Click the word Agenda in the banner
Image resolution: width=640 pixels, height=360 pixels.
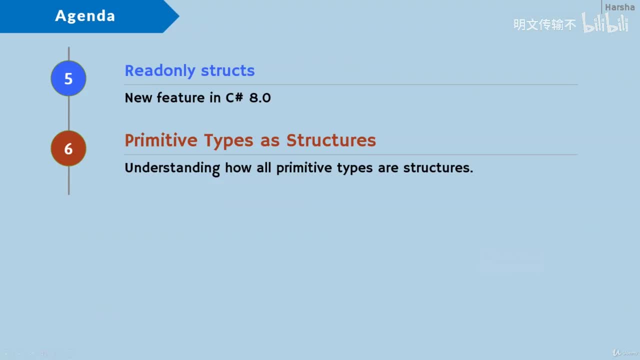pyautogui.click(x=85, y=16)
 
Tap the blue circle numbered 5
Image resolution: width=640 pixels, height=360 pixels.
pyautogui.click(x=68, y=78)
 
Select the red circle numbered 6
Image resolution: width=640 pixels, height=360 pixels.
pyautogui.click(x=68, y=148)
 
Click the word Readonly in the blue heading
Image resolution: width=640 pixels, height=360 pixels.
pyautogui.click(x=160, y=70)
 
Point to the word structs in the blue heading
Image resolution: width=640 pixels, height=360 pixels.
pyautogui.click(x=228, y=70)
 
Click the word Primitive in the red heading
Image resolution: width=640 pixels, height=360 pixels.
pyautogui.click(x=161, y=140)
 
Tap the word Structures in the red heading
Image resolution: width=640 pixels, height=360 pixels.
pyautogui.click(x=331, y=140)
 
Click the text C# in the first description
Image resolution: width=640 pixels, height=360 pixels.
pyautogui.click(x=234, y=97)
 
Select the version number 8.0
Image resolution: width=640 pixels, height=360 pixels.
pyautogui.click(x=260, y=97)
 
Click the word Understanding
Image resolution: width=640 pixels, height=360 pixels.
pyautogui.click(x=172, y=168)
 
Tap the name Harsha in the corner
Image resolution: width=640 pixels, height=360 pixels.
pyautogui.click(x=619, y=7)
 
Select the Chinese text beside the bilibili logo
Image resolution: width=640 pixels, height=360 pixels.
pyautogui.click(x=545, y=24)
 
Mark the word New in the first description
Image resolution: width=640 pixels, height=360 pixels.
pyautogui.click(x=138, y=97)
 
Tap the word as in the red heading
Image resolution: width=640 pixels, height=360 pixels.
pyautogui.click(x=270, y=141)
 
